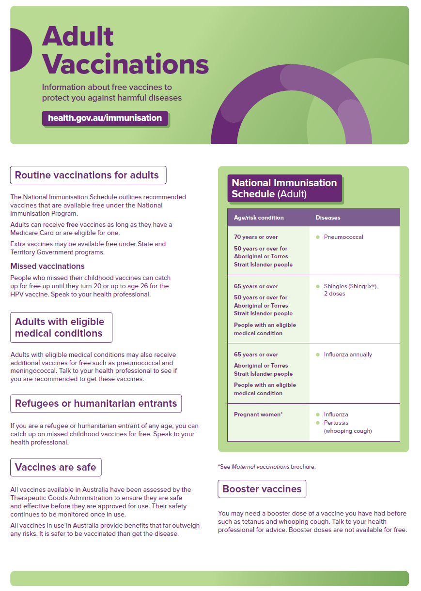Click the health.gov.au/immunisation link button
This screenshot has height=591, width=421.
pyautogui.click(x=105, y=118)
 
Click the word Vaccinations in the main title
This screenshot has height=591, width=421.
pyautogui.click(x=125, y=64)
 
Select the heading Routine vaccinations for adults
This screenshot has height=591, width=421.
pyautogui.click(x=88, y=175)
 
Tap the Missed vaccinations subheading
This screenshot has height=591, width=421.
pyautogui.click(x=47, y=266)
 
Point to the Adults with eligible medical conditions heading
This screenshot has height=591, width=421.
pyautogui.click(x=61, y=327)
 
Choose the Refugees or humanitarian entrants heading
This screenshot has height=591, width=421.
pyautogui.click(x=96, y=403)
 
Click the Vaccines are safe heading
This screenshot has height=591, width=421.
pyautogui.click(x=56, y=467)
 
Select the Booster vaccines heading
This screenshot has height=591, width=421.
pyautogui.click(x=262, y=489)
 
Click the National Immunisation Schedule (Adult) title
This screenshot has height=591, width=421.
pyautogui.click(x=284, y=188)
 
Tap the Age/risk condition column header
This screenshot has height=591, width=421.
pyautogui.click(x=259, y=218)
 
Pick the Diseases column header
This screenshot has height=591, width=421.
pyautogui.click(x=328, y=218)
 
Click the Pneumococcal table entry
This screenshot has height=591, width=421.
pyautogui.click(x=343, y=237)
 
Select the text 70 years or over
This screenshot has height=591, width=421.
pyautogui.click(x=256, y=237)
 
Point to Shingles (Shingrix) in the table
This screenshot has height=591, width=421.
pyautogui.click(x=350, y=286)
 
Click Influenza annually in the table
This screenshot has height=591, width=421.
pyautogui.click(x=348, y=355)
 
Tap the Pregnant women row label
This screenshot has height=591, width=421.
pyautogui.click(x=258, y=414)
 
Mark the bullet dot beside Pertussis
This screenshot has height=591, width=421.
pyautogui.click(x=318, y=423)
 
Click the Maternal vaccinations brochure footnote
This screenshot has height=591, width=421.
pyautogui.click(x=266, y=467)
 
